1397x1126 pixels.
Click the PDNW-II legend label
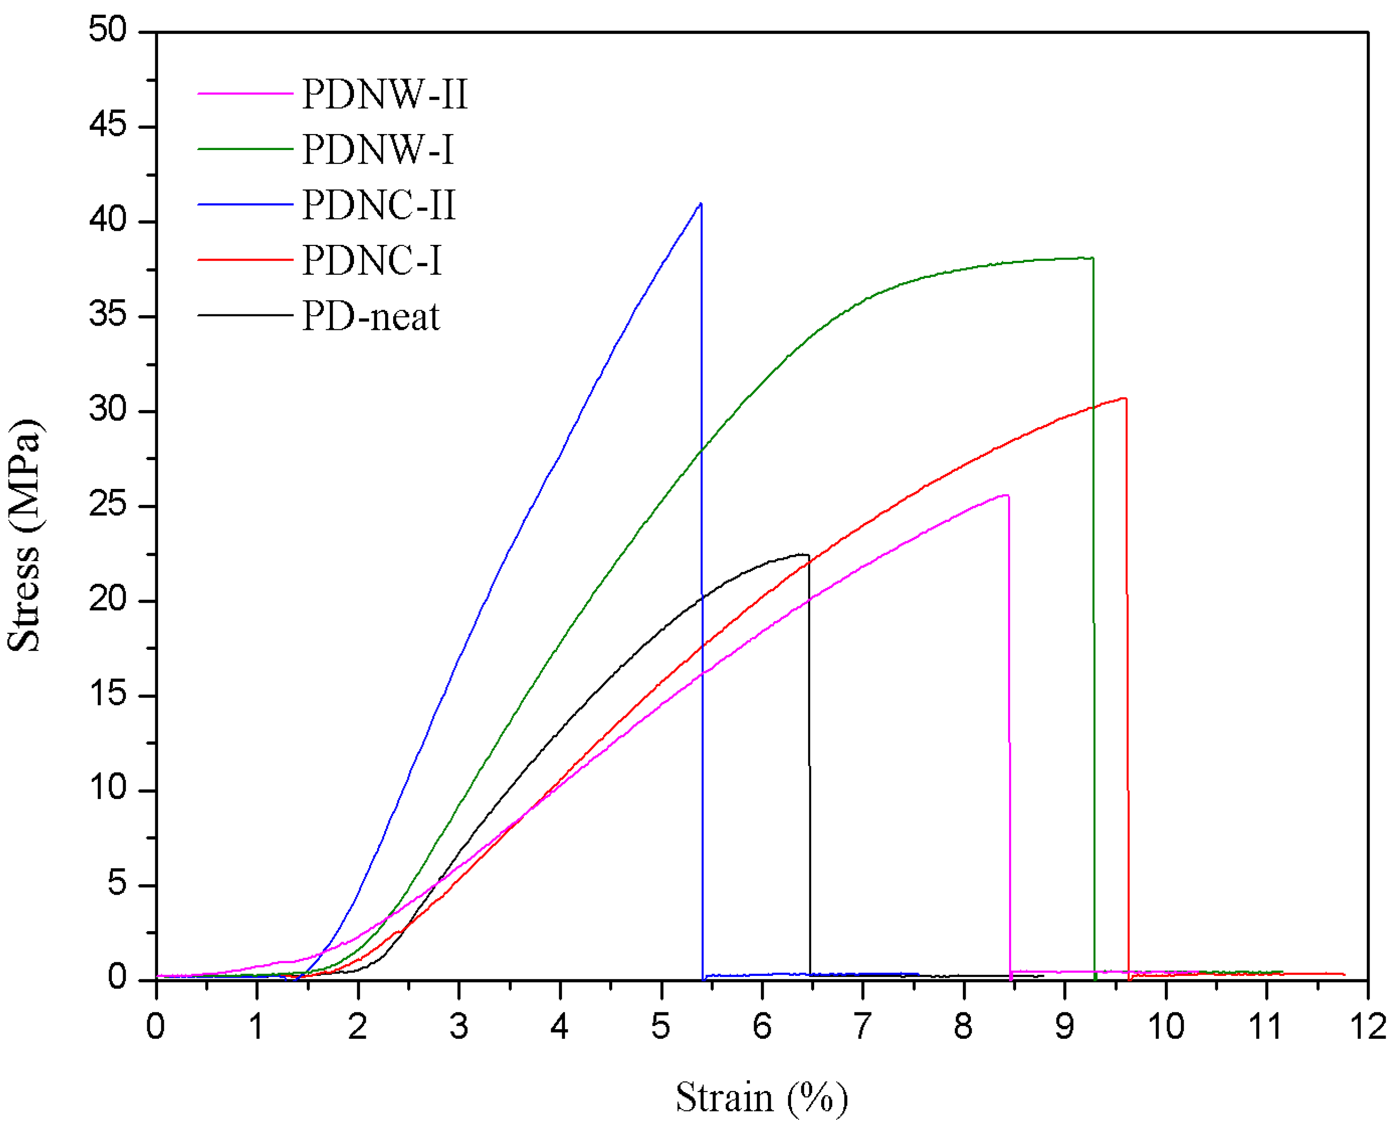pyautogui.click(x=385, y=95)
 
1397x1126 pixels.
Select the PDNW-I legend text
pyautogui.click(x=378, y=150)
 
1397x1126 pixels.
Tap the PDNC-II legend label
pyautogui.click(x=379, y=206)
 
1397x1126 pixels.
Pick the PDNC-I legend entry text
pyautogui.click(x=372, y=261)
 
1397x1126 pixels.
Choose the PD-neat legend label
pyautogui.click(x=371, y=317)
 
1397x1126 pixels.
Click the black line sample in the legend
pyautogui.click(x=245, y=315)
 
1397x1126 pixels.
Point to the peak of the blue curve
pyautogui.click(x=700, y=204)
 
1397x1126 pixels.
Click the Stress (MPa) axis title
pyautogui.click(x=25, y=535)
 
